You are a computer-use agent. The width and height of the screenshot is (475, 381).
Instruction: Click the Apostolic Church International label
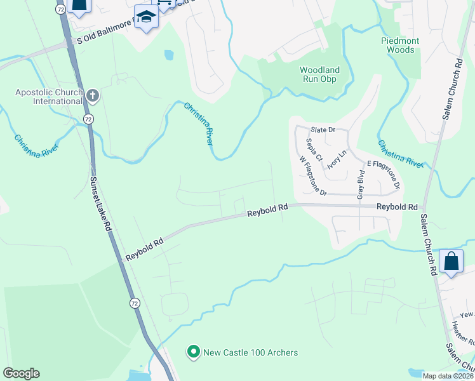[48, 97]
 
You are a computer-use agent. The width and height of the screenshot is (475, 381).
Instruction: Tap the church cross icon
[92, 97]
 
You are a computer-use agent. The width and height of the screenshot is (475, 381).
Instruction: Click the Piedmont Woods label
[400, 45]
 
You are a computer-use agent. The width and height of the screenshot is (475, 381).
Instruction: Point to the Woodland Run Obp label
[319, 74]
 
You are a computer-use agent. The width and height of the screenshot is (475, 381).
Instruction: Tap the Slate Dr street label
[322, 130]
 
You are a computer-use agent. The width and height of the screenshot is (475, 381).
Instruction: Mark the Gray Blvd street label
[361, 184]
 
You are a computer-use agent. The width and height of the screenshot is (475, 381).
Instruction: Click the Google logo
[21, 373]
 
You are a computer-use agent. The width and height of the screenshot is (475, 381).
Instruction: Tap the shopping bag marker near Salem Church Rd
[450, 261]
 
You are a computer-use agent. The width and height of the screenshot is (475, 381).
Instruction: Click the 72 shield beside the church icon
[88, 119]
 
